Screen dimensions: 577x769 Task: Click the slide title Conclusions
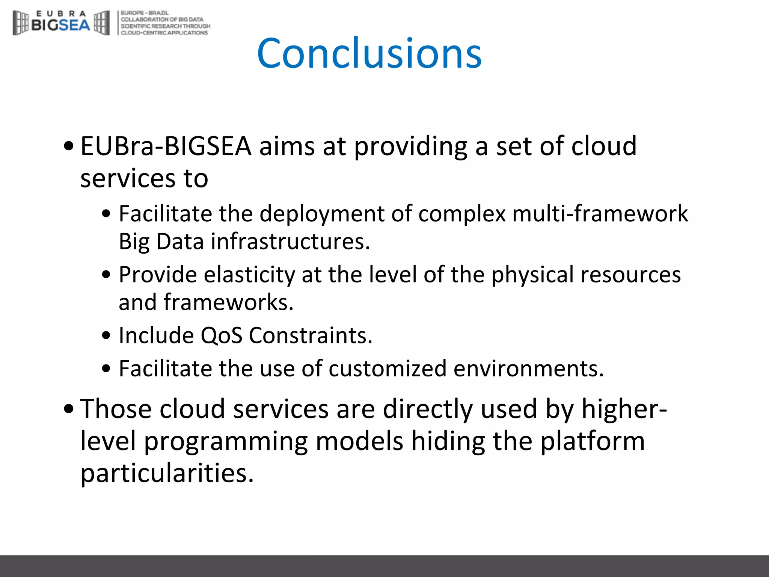pos(369,53)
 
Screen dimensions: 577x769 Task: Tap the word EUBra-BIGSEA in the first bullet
pos(166,146)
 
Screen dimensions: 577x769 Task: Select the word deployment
pos(322,214)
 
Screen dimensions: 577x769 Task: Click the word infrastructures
pos(290,241)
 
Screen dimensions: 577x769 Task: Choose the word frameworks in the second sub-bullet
pos(228,302)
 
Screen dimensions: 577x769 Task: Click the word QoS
pos(222,335)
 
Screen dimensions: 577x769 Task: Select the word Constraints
pos(311,335)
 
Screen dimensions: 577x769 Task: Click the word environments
pos(528,368)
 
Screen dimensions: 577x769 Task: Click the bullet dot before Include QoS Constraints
pos(106,335)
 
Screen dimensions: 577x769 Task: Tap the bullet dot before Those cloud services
pos(69,409)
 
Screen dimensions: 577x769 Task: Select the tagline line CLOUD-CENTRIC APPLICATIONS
pos(164,33)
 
